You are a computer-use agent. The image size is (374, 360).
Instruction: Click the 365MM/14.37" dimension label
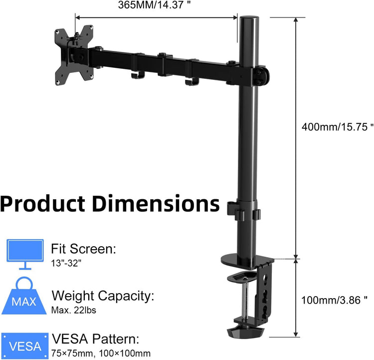tap(155, 5)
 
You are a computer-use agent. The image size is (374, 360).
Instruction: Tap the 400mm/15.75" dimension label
tap(337, 126)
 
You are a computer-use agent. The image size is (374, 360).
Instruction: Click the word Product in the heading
tap(43, 204)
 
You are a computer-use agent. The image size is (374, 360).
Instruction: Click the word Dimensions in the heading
tap(156, 204)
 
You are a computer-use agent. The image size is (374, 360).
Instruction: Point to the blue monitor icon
tap(21, 252)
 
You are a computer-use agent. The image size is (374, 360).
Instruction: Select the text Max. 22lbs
tap(74, 310)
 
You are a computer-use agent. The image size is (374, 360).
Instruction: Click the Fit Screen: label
tap(84, 248)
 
